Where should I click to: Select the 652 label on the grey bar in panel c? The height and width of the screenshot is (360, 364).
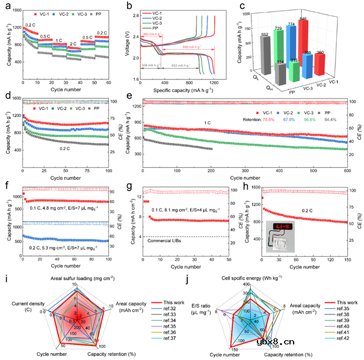point(265,35)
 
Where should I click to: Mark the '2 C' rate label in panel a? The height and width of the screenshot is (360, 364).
point(73,44)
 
